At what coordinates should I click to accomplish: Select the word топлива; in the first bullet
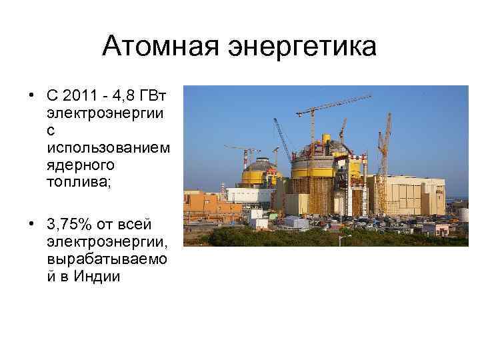click(x=79, y=181)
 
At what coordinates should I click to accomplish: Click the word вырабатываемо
click(x=107, y=259)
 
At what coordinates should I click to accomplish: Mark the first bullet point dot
click(x=31, y=93)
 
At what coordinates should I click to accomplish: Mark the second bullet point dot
click(x=31, y=225)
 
